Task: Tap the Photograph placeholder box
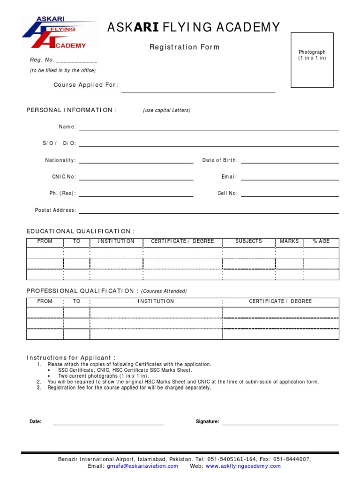312,60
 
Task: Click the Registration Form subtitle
184,47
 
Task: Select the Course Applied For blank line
198,92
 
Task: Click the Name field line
209,129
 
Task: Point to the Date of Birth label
220,160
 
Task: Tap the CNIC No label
64,177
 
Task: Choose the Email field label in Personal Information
230,177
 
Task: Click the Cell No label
228,193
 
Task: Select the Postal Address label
55,210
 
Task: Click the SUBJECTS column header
248,241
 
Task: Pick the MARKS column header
289,241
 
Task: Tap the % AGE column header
321,241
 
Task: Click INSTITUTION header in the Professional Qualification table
156,301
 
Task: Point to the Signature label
207,422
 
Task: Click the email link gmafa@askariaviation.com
142,466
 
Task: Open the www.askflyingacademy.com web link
243,466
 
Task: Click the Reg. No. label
42,60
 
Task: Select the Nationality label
60,160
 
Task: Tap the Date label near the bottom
36,422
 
